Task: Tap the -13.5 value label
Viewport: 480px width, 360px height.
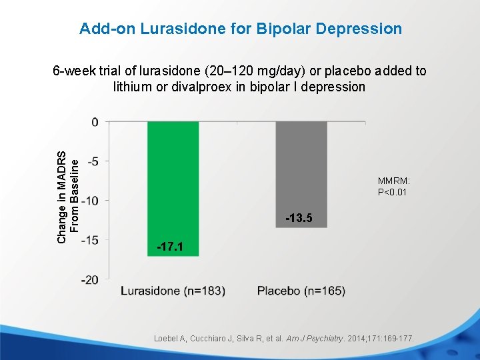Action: click(298, 219)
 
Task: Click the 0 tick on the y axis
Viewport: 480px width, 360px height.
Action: click(95, 122)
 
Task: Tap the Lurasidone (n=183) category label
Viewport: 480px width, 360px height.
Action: click(173, 291)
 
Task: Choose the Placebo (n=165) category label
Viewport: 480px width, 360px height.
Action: click(301, 291)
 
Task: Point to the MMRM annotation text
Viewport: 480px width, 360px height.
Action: click(393, 181)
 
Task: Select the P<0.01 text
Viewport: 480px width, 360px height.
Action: click(392, 193)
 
